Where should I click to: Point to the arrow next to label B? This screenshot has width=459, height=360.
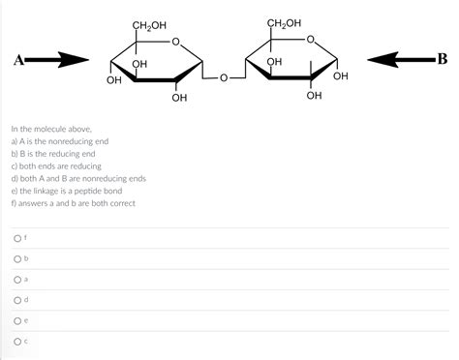click(403, 60)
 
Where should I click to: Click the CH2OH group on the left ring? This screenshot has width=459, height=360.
click(147, 23)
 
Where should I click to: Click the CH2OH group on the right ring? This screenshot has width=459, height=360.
click(283, 23)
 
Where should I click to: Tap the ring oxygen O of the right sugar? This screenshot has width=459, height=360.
click(309, 41)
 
